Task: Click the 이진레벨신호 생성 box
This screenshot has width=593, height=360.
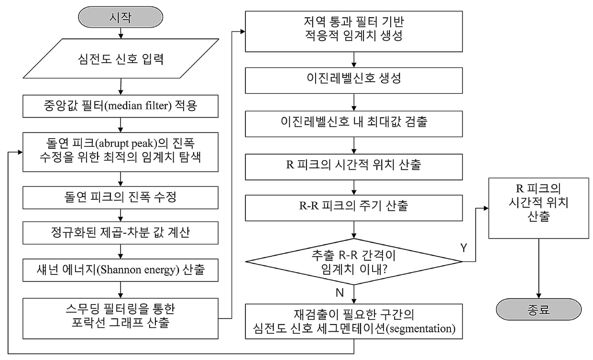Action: click(x=354, y=80)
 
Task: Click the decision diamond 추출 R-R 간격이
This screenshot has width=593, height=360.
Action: click(x=354, y=262)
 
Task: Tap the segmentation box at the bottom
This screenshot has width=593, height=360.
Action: click(x=354, y=321)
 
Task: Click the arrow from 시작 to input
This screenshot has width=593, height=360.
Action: click(x=121, y=33)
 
